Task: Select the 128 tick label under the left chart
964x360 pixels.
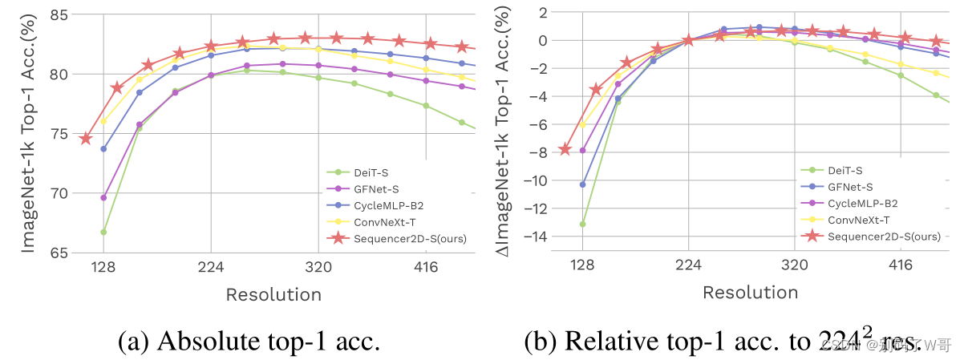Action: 103,268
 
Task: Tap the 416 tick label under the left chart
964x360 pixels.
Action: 426,268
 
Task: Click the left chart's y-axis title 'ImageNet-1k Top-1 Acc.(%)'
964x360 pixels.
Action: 29,132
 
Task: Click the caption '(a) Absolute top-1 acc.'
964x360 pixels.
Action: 249,341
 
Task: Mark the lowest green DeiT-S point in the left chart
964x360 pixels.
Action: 103,232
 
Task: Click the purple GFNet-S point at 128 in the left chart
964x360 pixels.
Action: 103,197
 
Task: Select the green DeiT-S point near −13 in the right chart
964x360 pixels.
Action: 582,224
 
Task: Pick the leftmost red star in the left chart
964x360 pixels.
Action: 86,138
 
